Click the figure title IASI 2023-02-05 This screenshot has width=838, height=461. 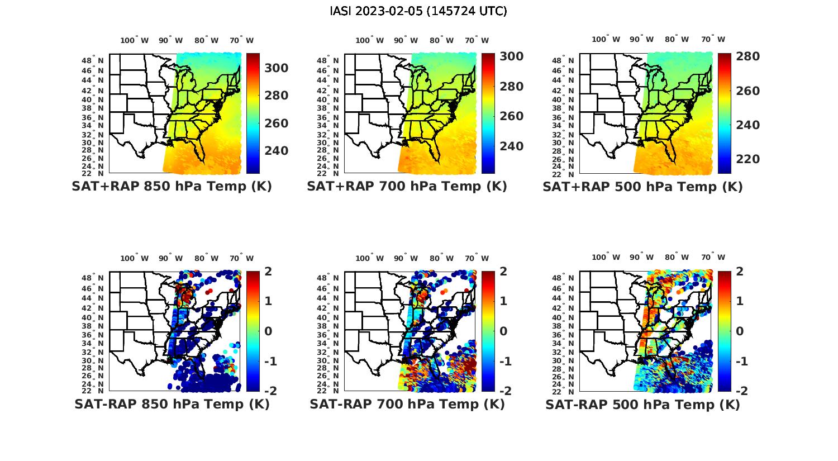pos(418,11)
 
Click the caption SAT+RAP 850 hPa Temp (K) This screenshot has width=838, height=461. pos(172,187)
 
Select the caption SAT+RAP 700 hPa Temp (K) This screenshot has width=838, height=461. pos(407,187)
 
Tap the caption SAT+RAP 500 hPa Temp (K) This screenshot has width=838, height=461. pos(642,187)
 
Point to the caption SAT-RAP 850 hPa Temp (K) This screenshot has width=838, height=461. pos(172,404)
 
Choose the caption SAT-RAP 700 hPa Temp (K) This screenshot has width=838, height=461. pos(407,404)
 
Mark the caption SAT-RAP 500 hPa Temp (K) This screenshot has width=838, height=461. pos(642,404)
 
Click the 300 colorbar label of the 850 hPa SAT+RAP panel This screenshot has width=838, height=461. pos(276,68)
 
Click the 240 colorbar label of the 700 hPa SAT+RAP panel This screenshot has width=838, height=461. pos(511,146)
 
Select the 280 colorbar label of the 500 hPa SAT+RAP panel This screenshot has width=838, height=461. pos(747,56)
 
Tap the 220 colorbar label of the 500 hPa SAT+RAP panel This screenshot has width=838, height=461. pos(747,159)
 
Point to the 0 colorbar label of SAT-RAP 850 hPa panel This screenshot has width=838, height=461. pos(268,331)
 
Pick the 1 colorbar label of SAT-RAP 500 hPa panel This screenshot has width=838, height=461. pos(740,301)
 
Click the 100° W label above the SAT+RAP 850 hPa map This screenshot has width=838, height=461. pos(135,40)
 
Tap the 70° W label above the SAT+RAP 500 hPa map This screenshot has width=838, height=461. pos(713,40)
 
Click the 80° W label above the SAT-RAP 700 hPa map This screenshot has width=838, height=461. pos(441,258)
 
